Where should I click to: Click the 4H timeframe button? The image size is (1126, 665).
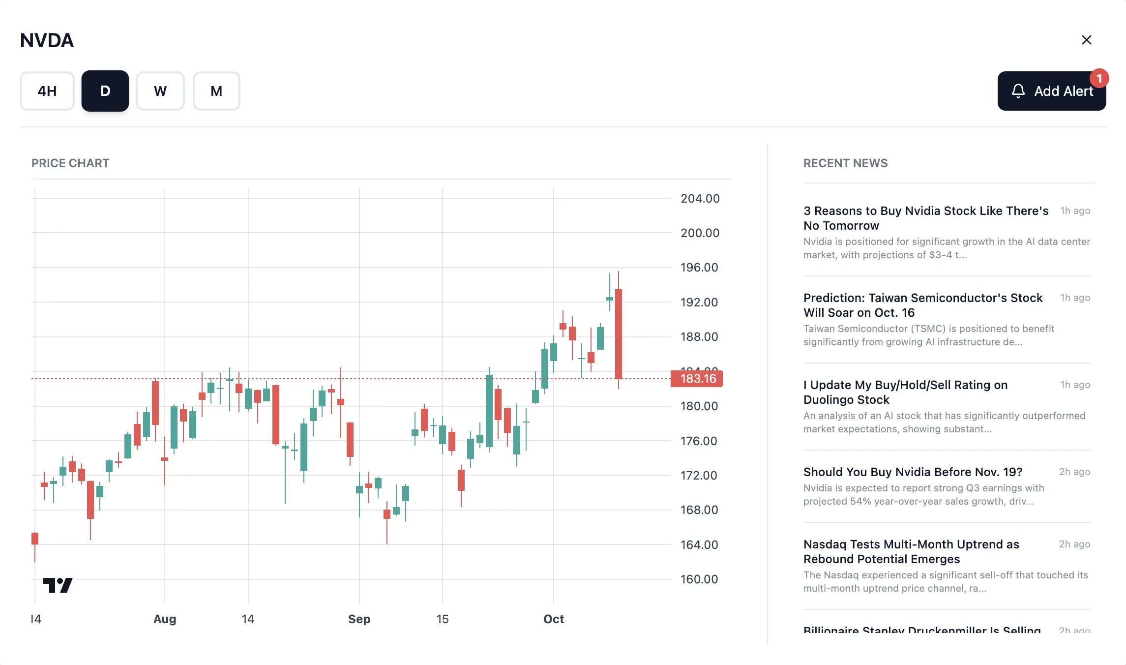coord(47,91)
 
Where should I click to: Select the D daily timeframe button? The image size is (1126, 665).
coord(105,91)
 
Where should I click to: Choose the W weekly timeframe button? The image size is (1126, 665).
coord(160,91)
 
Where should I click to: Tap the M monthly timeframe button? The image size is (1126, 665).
coord(216,91)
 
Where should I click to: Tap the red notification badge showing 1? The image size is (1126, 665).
coord(1099,79)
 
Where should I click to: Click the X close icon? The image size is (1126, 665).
coord(1087,40)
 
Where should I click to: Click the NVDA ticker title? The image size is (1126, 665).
coord(47,40)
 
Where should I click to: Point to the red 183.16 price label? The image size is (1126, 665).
coord(697,379)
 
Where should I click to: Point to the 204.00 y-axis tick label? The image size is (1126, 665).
coord(700,199)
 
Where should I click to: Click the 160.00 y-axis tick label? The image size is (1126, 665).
coord(699,579)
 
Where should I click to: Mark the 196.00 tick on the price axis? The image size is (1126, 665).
coord(699,268)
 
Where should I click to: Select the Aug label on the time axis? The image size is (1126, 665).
coord(165,619)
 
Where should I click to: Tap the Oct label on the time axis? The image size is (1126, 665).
coord(553,619)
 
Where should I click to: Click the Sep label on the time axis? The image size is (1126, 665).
coord(359,619)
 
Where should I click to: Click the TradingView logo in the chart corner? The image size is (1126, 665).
coord(58,585)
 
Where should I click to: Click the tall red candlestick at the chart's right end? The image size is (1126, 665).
coord(619,334)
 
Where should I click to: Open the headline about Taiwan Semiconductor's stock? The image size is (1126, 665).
coord(922,305)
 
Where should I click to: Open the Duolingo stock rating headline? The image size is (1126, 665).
coord(905,392)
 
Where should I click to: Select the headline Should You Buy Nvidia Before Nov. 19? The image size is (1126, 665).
coord(913,472)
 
